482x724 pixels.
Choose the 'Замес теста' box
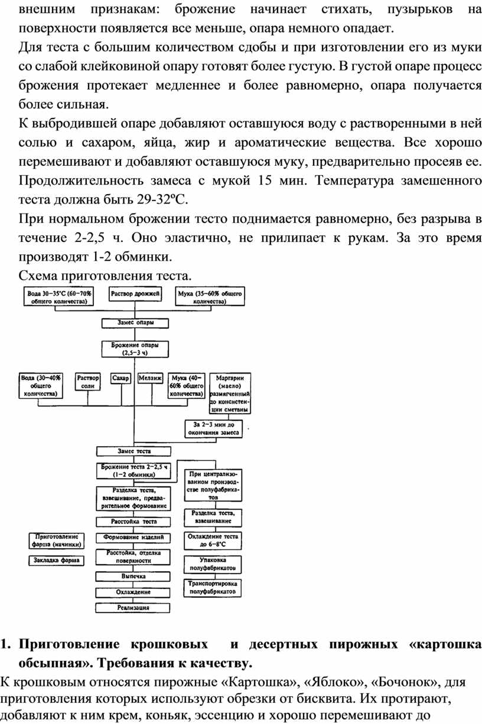(134, 451)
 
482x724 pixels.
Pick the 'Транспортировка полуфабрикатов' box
(213, 587)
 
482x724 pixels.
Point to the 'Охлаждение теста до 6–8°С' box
(213, 541)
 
